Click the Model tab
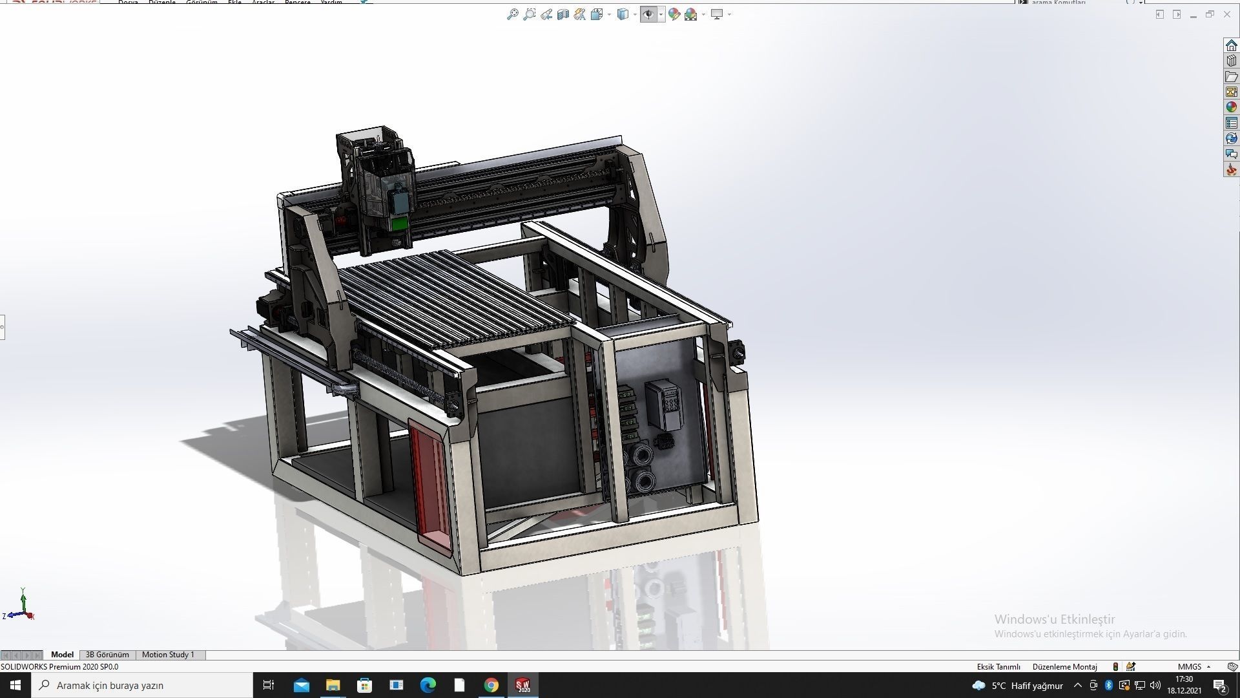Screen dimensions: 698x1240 (x=62, y=655)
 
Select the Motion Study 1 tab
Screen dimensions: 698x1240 (x=168, y=655)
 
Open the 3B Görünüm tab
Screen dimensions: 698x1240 (x=107, y=655)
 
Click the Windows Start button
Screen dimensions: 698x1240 (x=15, y=685)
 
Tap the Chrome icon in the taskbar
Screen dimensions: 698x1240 (x=491, y=685)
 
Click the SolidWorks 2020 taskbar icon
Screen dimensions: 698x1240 (x=522, y=685)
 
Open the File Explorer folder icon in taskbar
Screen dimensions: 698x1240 (x=333, y=685)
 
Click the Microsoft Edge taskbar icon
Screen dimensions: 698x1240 (x=428, y=685)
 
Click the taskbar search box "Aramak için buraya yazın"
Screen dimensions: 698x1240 (x=142, y=685)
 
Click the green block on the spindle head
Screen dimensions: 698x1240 (x=400, y=224)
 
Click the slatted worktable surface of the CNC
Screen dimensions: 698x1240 (x=452, y=297)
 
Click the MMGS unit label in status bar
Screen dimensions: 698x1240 (x=1189, y=666)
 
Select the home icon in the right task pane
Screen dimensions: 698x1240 (x=1231, y=45)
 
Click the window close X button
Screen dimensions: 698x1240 (x=1227, y=14)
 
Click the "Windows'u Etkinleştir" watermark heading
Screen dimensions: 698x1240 (x=1054, y=619)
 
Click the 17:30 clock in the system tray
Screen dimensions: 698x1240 (x=1184, y=679)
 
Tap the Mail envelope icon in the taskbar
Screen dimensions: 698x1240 (x=301, y=685)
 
